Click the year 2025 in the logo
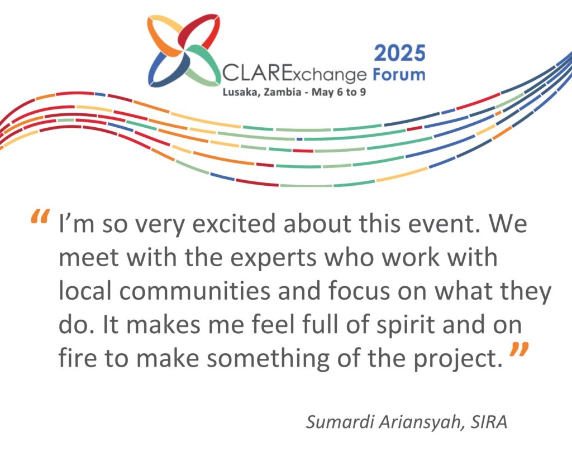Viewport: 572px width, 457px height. tap(400, 53)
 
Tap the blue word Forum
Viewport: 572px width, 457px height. tap(399, 74)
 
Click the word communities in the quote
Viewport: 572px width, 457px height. tap(195, 291)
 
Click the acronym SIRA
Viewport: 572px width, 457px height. tap(489, 422)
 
